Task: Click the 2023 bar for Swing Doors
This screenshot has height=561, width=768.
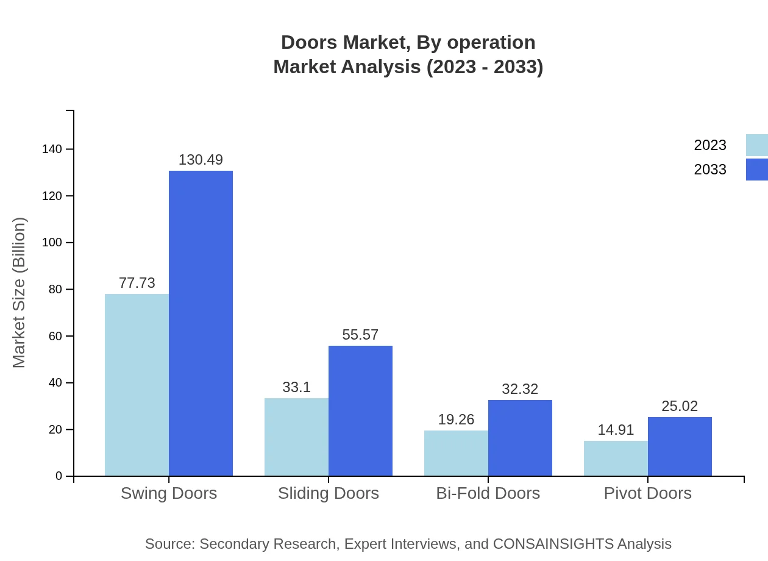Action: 137,385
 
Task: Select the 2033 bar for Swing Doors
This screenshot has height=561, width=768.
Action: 201,323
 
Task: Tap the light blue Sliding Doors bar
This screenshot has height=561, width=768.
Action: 296,437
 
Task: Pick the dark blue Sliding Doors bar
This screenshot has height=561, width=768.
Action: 360,410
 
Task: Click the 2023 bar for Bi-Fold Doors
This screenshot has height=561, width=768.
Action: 456,453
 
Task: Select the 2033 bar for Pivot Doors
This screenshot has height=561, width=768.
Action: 680,446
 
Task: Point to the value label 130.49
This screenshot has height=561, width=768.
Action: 201,160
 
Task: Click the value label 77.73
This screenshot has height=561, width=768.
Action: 137,283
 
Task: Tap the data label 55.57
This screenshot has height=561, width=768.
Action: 360,335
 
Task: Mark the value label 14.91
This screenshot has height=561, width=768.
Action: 616,430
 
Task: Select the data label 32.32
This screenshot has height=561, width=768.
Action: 520,389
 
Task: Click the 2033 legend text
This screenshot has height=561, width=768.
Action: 710,170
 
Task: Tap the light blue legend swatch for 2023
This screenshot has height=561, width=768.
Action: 757,145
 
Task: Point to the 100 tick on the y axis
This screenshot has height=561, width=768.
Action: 52,243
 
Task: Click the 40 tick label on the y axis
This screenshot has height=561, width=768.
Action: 55,383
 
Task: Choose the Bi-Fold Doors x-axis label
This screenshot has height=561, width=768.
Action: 488,493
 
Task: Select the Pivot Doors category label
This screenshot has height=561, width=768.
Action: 647,493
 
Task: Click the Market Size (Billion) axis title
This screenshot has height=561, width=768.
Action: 20,293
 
